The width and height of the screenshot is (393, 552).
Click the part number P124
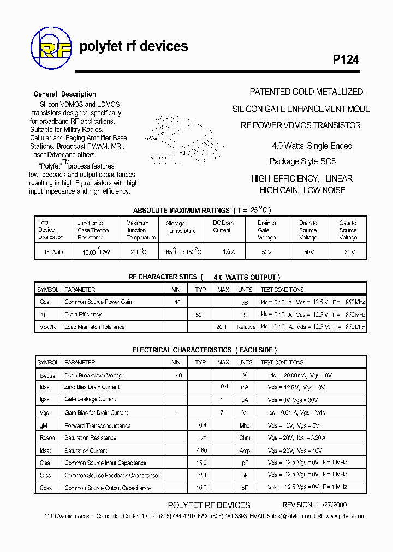(346, 60)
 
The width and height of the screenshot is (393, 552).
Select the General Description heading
(65, 94)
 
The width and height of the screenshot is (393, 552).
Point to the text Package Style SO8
(302, 161)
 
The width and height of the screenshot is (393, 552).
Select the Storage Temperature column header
(181, 227)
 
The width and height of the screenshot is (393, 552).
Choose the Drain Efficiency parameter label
(83, 314)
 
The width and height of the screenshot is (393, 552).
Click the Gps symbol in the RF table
(44, 302)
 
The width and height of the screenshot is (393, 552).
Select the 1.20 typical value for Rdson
(201, 437)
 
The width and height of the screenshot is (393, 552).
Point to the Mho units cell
(245, 425)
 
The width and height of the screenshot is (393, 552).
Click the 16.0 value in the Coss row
(201, 488)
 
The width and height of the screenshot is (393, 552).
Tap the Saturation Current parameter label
(86, 451)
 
